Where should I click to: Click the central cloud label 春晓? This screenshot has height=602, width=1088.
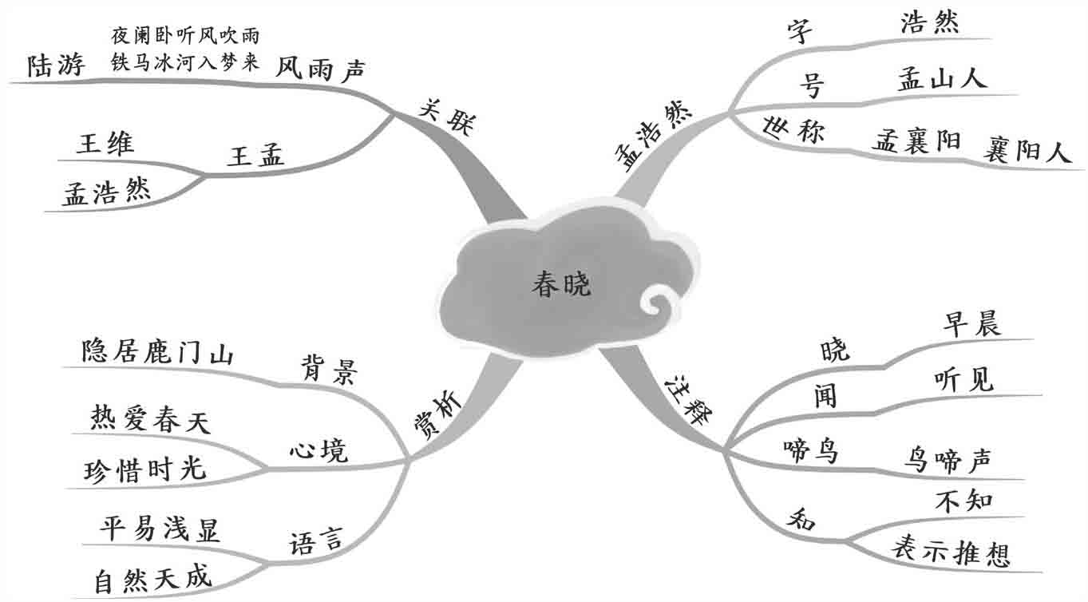561,285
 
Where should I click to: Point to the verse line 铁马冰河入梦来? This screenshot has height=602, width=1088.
185,63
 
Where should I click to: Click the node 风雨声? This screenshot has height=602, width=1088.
320,69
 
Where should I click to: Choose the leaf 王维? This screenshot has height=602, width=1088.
105,145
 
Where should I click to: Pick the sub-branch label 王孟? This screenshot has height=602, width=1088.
255,156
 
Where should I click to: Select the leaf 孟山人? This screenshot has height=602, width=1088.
942,77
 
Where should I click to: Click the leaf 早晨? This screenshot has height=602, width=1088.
971,324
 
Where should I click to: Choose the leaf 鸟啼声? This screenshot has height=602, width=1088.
948,460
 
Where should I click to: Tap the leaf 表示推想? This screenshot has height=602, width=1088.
950,551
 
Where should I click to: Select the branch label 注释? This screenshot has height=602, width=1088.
686,400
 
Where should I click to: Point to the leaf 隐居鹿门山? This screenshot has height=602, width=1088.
157,353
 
